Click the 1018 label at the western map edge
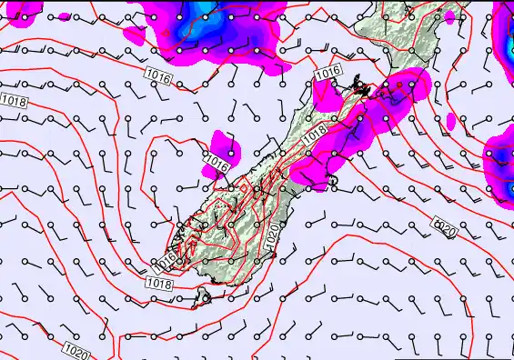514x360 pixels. pos(15,101)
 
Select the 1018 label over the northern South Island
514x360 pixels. pos(315,133)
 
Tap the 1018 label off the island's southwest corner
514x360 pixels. pos(157,285)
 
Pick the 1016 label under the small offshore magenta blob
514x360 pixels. pos(216,164)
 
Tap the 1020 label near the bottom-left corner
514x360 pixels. pos(76,348)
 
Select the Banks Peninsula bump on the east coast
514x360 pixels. pos(333,182)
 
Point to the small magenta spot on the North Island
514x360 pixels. pos(449,16)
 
